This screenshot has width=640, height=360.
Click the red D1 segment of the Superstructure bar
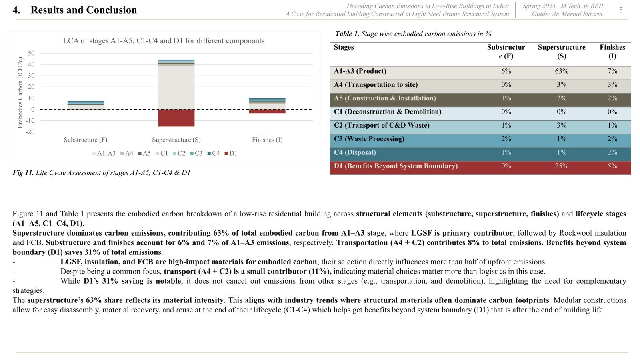pos(176,118)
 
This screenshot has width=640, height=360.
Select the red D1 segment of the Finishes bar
pos(267,111)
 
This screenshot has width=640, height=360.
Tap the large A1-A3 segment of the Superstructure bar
pos(176,88)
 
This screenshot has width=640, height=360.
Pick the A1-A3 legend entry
pos(104,154)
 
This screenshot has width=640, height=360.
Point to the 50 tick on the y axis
pos(31,53)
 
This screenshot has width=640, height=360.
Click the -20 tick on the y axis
pos(30,132)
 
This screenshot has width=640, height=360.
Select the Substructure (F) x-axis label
pos(86,140)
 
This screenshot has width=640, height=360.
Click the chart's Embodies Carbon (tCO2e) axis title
pos(20,92)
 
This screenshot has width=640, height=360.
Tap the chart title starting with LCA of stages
pos(164,41)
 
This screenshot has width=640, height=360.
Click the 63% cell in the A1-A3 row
pos(562,71)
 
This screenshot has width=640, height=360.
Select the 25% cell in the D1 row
pos(562,166)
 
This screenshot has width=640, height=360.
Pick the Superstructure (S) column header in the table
pos(562,52)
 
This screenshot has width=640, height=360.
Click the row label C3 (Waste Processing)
pos(369,139)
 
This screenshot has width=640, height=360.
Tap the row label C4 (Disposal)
pos(355,152)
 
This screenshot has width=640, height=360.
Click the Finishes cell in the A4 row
pos(612,84)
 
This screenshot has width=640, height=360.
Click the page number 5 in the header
pos(620,10)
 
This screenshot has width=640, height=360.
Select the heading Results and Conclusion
pos(84,10)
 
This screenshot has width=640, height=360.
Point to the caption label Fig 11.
pos(23,172)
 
